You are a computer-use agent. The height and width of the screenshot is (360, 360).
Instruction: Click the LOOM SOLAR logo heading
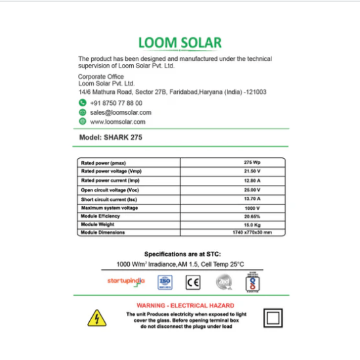click(x=180, y=43)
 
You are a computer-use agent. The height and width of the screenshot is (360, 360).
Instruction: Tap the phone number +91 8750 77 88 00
click(x=116, y=104)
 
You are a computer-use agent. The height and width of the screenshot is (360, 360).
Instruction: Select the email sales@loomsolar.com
click(x=121, y=113)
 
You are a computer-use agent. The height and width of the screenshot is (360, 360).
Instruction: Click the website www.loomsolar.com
click(x=118, y=122)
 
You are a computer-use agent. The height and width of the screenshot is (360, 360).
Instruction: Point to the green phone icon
click(x=83, y=104)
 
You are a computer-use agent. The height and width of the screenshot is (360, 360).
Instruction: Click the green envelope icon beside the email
click(x=83, y=113)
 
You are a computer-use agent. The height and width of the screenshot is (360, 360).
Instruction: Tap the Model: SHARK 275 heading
click(x=110, y=138)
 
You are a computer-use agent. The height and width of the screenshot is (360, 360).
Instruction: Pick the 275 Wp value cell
click(x=252, y=162)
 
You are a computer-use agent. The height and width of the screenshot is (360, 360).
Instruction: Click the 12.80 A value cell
click(x=252, y=180)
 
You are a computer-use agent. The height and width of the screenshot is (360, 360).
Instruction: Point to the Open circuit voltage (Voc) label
click(x=110, y=189)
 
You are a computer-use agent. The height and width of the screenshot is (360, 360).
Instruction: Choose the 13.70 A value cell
click(x=252, y=198)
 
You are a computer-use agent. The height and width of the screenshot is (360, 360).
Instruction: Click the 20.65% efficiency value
click(x=252, y=216)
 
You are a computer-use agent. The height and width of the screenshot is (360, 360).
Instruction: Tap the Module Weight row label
click(x=98, y=224)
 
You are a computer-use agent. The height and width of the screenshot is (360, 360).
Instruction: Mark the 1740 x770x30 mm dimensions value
click(x=252, y=233)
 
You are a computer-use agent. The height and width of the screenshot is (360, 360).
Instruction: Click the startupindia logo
click(x=125, y=281)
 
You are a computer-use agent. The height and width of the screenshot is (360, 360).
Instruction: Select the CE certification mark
click(x=193, y=283)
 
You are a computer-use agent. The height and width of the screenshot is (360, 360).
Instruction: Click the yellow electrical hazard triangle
click(x=96, y=318)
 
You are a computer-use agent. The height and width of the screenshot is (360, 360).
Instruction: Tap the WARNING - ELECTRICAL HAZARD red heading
click(x=180, y=306)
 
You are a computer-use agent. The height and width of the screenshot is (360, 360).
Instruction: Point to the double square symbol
click(x=273, y=318)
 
